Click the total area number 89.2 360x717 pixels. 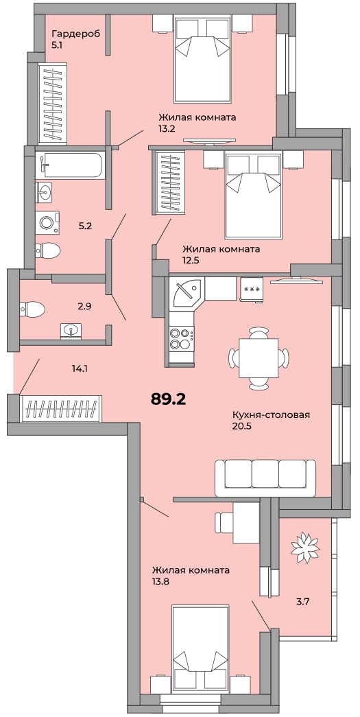[x=168, y=399]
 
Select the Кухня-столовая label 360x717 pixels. [x=272, y=415]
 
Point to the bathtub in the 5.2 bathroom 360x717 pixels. [x=71, y=165]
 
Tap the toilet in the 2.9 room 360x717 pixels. [x=32, y=309]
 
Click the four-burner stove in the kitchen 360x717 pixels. [x=181, y=338]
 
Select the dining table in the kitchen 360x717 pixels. [x=259, y=358]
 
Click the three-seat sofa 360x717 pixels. [x=265, y=478]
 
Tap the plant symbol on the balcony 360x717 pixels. [x=304, y=545]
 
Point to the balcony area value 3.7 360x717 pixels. [x=303, y=601]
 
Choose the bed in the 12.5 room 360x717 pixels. [x=252, y=196]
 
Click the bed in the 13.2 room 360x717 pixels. [x=201, y=60]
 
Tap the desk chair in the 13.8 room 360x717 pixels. [x=224, y=523]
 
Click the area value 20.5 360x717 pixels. [x=243, y=426]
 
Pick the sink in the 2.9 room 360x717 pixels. [x=71, y=331]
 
